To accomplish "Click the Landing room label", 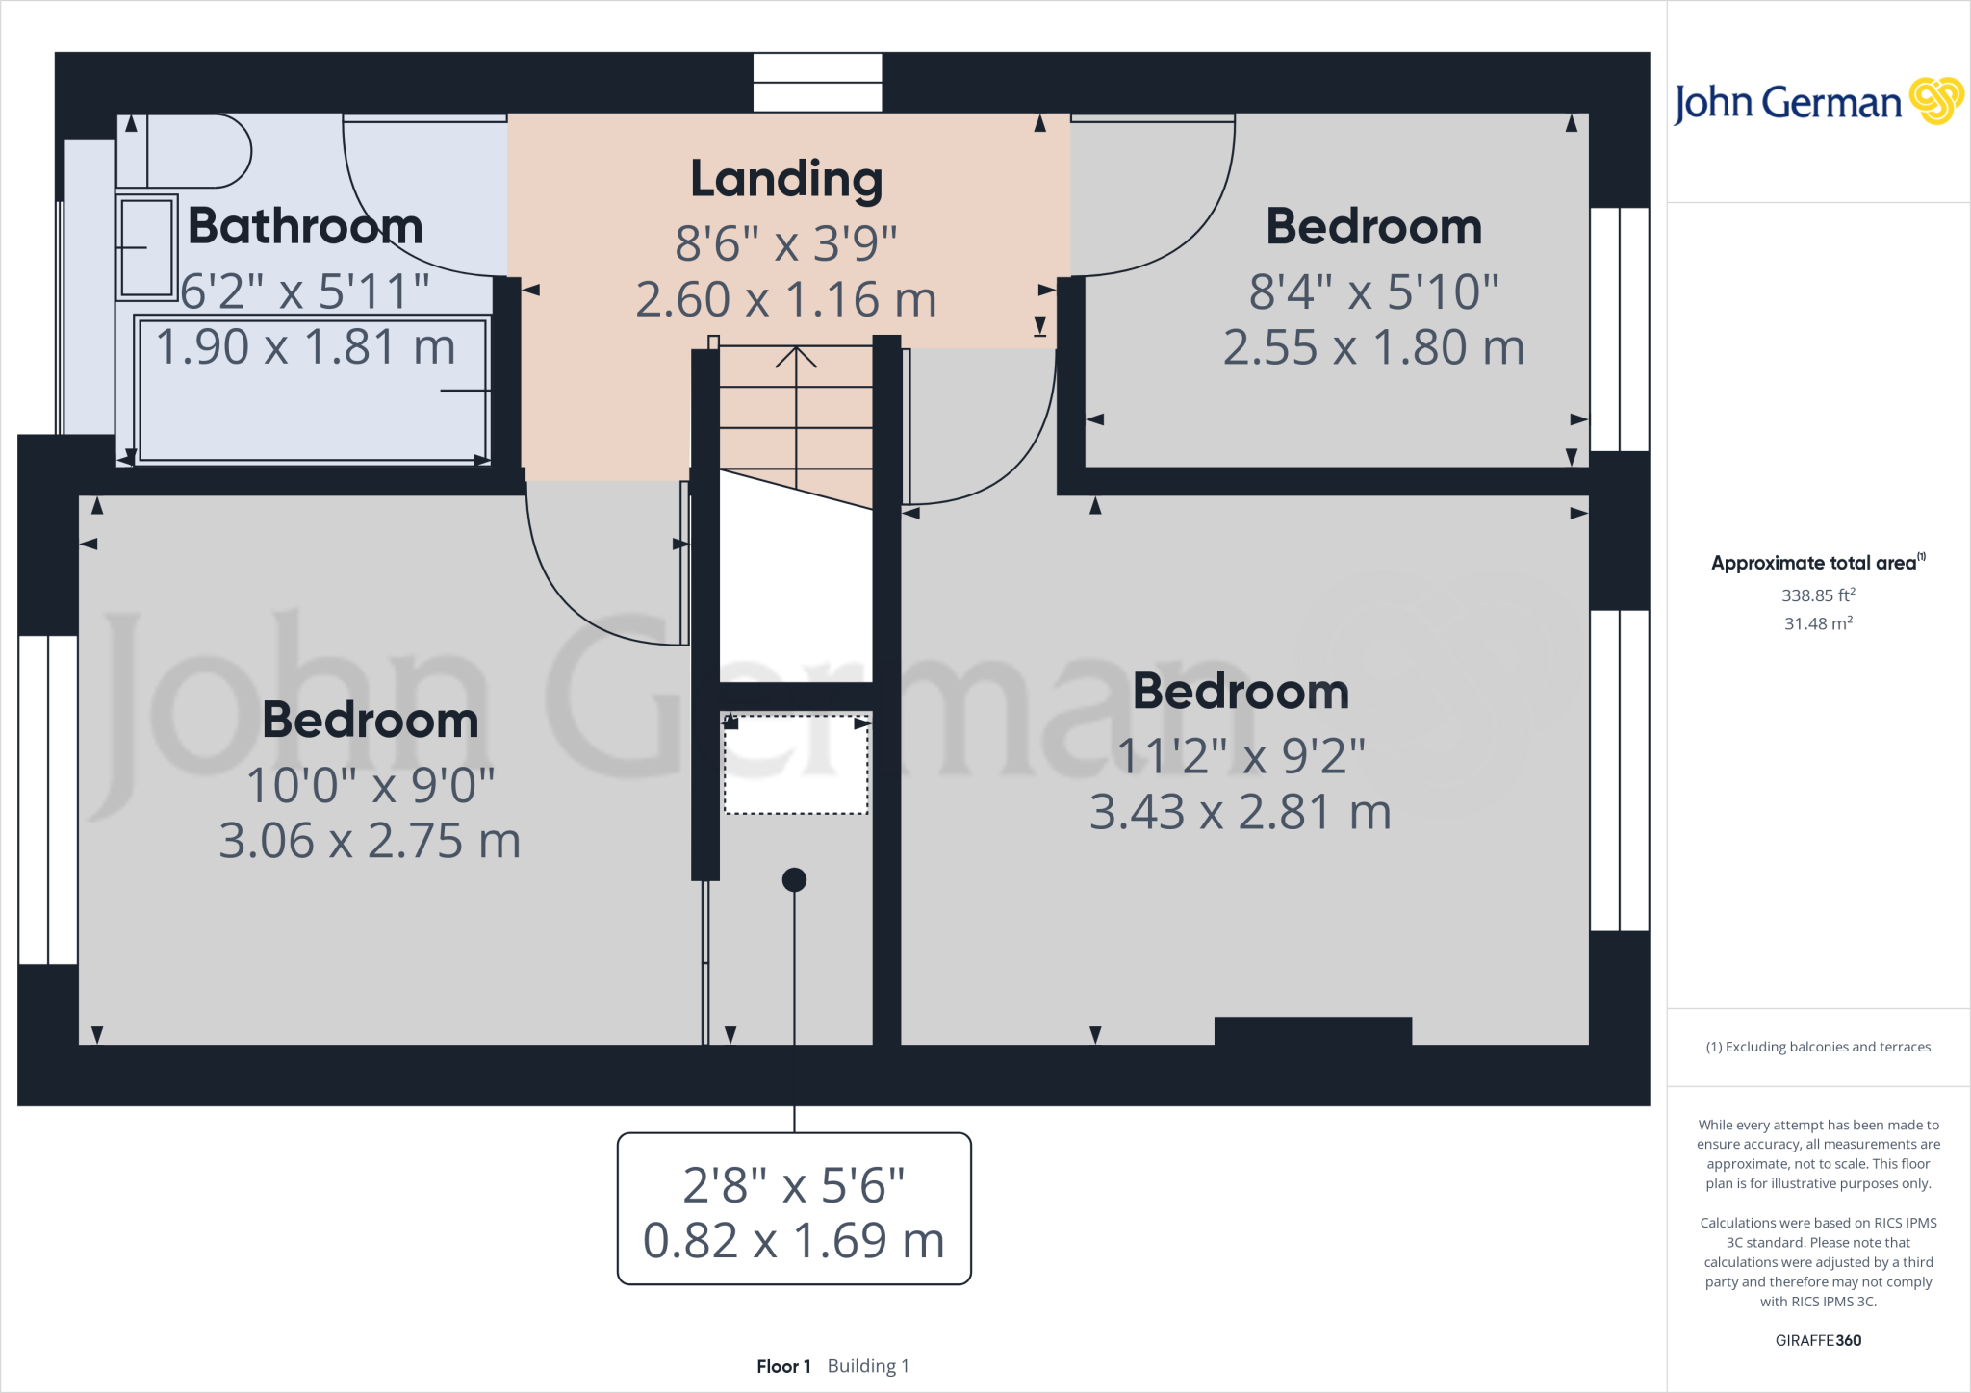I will pos(786,180).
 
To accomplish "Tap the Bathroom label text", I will pos(305,227).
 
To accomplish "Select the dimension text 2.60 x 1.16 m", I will pos(786,299).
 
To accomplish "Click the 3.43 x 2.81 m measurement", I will pos(1240,813).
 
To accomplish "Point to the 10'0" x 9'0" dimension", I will pos(371,786).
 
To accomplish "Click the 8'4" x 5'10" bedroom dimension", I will pos(1373,291).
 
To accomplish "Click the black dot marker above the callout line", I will pos(794,879).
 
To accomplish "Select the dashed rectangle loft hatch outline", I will pos(796,765).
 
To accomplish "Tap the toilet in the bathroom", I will pos(192,151).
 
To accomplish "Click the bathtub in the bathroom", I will pos(313,390).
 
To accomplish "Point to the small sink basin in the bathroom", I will pos(147,247).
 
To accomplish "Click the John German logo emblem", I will pos(1935,101).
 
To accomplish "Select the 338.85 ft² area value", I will pos(1818,595).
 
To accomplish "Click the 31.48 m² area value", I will pos(1818,623).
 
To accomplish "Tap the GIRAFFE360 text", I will pos(1818,1340).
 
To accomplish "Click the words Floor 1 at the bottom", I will pos(783,1366).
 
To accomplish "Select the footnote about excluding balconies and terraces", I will pos(1818,1047).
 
